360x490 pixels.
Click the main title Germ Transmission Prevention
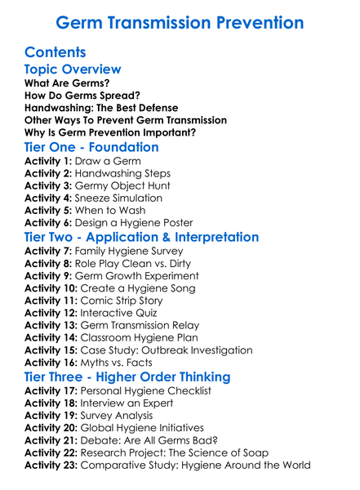180,22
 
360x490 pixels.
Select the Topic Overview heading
73,71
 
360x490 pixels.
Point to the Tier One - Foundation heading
92,148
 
